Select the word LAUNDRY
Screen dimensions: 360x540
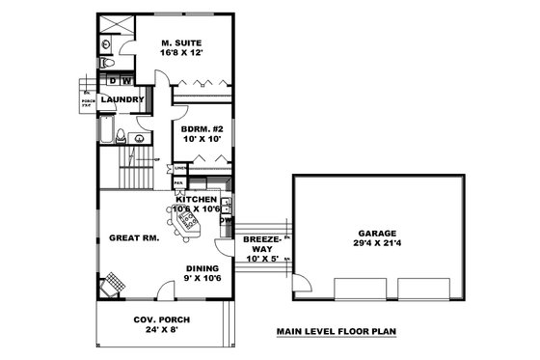123,98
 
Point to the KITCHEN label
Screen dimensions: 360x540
196,198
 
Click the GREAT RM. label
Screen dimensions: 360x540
128,236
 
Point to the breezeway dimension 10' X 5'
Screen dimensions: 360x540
260,259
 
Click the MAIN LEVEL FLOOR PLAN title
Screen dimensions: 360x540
337,330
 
